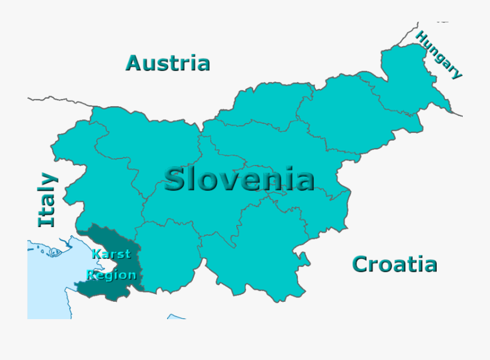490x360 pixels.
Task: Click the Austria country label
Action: click(x=168, y=63)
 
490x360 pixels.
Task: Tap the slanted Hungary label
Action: click(x=439, y=54)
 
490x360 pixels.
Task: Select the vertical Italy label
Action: click(x=47, y=200)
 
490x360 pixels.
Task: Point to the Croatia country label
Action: click(x=394, y=265)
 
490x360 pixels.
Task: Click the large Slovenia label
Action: click(x=239, y=180)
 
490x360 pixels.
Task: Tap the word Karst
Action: click(x=111, y=254)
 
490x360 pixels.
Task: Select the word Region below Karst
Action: click(x=112, y=274)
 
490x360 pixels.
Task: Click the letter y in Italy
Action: click(x=48, y=180)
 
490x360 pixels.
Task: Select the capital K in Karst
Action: click(x=96, y=254)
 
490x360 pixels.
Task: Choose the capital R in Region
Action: click(x=92, y=274)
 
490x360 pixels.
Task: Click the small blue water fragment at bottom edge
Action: click(x=176, y=316)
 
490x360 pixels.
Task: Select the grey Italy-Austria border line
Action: click(x=60, y=100)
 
